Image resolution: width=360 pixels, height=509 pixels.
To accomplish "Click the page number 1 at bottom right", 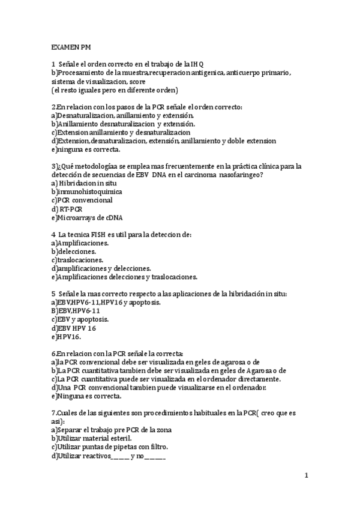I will pyautogui.click(x=305, y=476).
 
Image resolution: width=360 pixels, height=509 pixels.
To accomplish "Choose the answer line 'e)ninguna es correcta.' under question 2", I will pyautogui.click(x=86, y=149).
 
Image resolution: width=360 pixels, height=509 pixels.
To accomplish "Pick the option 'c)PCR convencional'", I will pyautogui.click(x=82, y=200).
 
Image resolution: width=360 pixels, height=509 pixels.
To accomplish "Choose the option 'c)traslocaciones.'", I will pyautogui.click(x=77, y=260).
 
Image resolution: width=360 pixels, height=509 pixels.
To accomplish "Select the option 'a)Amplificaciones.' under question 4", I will pyautogui.click(x=80, y=243).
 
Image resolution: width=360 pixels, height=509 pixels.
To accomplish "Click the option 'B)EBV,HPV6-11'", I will pyautogui.click(x=76, y=311).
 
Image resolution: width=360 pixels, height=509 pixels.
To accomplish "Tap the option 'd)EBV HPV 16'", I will pyautogui.click(x=74, y=328).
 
